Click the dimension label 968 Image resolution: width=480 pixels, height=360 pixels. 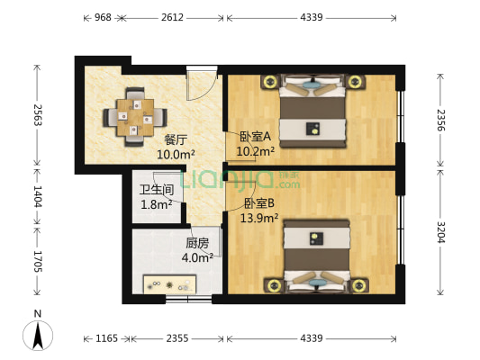coord(103,17)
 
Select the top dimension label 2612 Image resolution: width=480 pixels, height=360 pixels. coord(174,17)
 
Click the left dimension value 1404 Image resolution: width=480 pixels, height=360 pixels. coord(37,195)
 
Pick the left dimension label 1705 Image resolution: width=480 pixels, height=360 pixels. coord(37,261)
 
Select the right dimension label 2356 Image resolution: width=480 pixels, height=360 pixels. coord(440,120)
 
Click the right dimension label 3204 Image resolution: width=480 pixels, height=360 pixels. coord(440,232)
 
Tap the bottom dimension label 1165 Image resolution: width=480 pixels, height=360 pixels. coord(107,338)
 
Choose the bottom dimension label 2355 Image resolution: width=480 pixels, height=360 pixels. coord(177,338)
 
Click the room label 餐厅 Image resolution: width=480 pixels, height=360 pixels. coord(175,140)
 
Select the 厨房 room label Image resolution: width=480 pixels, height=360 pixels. coord(197,243)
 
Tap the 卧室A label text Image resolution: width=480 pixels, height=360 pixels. coord(255,137)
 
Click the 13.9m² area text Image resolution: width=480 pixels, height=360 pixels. coord(258,218)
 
